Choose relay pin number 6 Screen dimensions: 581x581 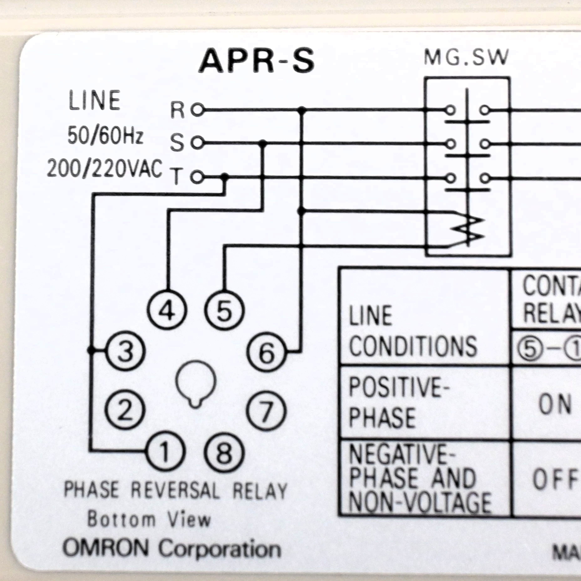tap(266, 352)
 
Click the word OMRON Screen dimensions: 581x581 tap(106, 548)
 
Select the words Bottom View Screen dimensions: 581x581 tap(149, 519)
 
